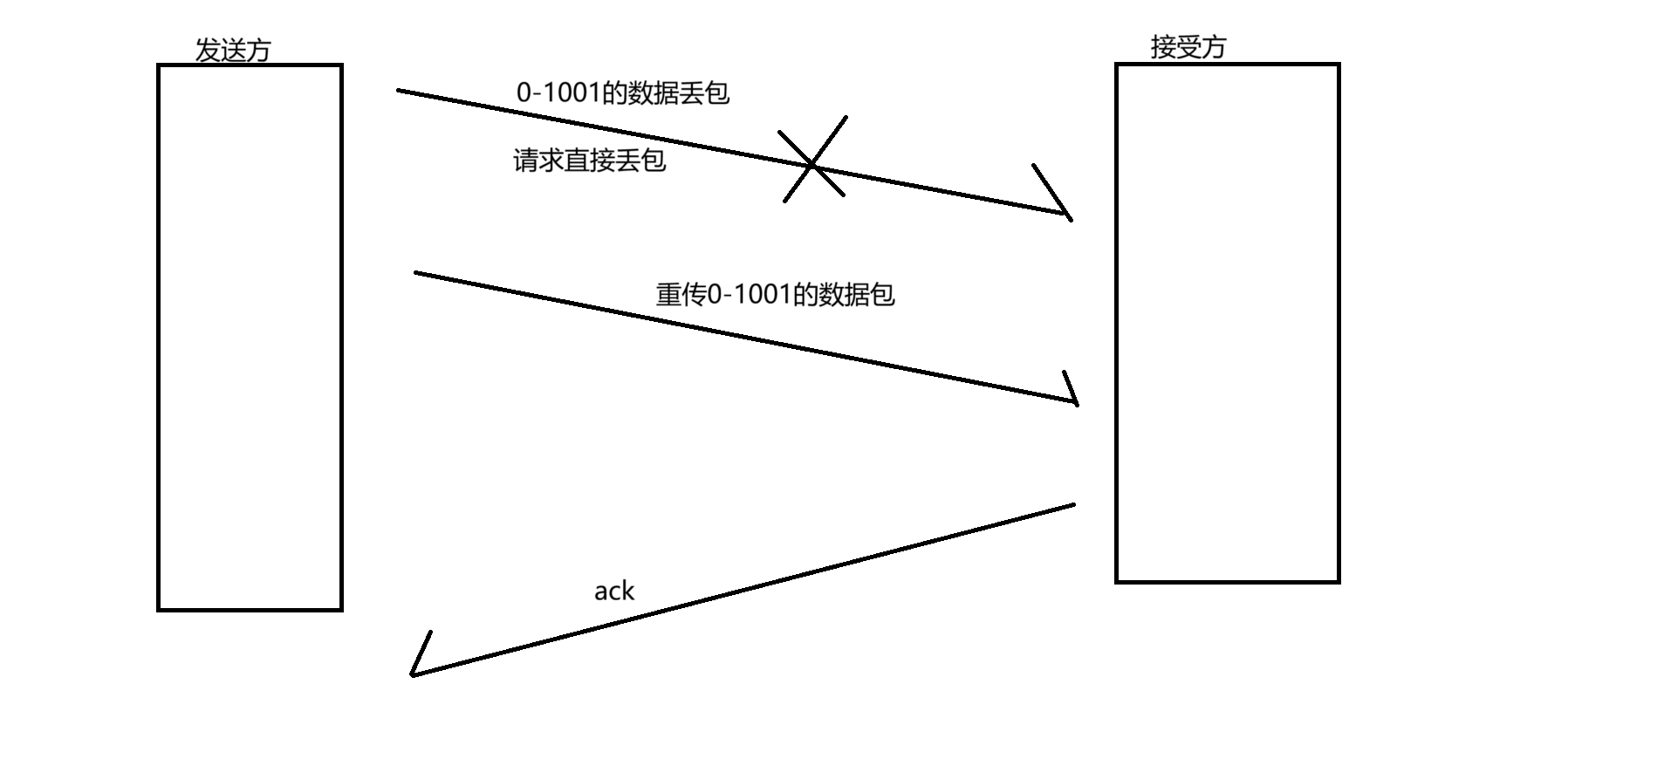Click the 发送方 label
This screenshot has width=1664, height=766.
232,50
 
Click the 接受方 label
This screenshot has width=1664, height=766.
1188,46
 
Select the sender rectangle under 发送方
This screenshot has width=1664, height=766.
250,337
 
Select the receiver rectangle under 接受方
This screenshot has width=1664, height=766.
1227,322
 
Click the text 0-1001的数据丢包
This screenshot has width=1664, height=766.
622,93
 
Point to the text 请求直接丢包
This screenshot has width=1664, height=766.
589,161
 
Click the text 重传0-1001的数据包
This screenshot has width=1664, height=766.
775,295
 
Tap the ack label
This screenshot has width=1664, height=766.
613,592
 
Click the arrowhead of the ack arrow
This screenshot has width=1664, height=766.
414,673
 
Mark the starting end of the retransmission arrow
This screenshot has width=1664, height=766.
416,273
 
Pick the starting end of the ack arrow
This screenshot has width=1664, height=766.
1072,504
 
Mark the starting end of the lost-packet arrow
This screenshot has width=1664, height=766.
399,90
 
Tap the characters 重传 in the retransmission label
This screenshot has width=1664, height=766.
681,295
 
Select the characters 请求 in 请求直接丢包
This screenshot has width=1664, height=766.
538,161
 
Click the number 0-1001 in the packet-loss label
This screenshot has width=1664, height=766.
558,93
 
